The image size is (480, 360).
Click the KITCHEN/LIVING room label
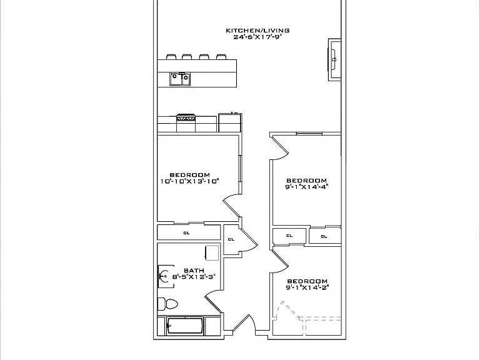tap(257, 30)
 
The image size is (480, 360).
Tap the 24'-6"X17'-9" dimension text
tap(257, 37)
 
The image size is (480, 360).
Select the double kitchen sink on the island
tap(180, 79)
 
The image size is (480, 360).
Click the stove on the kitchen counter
tap(186, 122)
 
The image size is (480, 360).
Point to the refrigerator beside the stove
tap(230, 122)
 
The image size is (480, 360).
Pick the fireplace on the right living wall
tap(334, 60)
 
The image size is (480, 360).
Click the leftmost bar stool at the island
tap(171, 57)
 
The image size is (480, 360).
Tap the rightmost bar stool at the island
tap(221, 57)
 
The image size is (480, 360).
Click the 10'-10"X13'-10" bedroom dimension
tap(190, 181)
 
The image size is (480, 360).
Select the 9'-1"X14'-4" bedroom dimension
tap(307, 187)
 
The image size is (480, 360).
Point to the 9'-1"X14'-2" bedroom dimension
tap(307, 287)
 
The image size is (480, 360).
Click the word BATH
tap(194, 271)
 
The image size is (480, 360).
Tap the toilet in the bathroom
tap(167, 304)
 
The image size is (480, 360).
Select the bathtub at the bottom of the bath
tap(184, 326)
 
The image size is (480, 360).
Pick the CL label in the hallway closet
tap(231, 239)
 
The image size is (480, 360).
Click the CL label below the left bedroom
tap(186, 233)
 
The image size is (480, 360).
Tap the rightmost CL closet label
tap(324, 236)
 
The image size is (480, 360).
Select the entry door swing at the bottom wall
tap(252, 321)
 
